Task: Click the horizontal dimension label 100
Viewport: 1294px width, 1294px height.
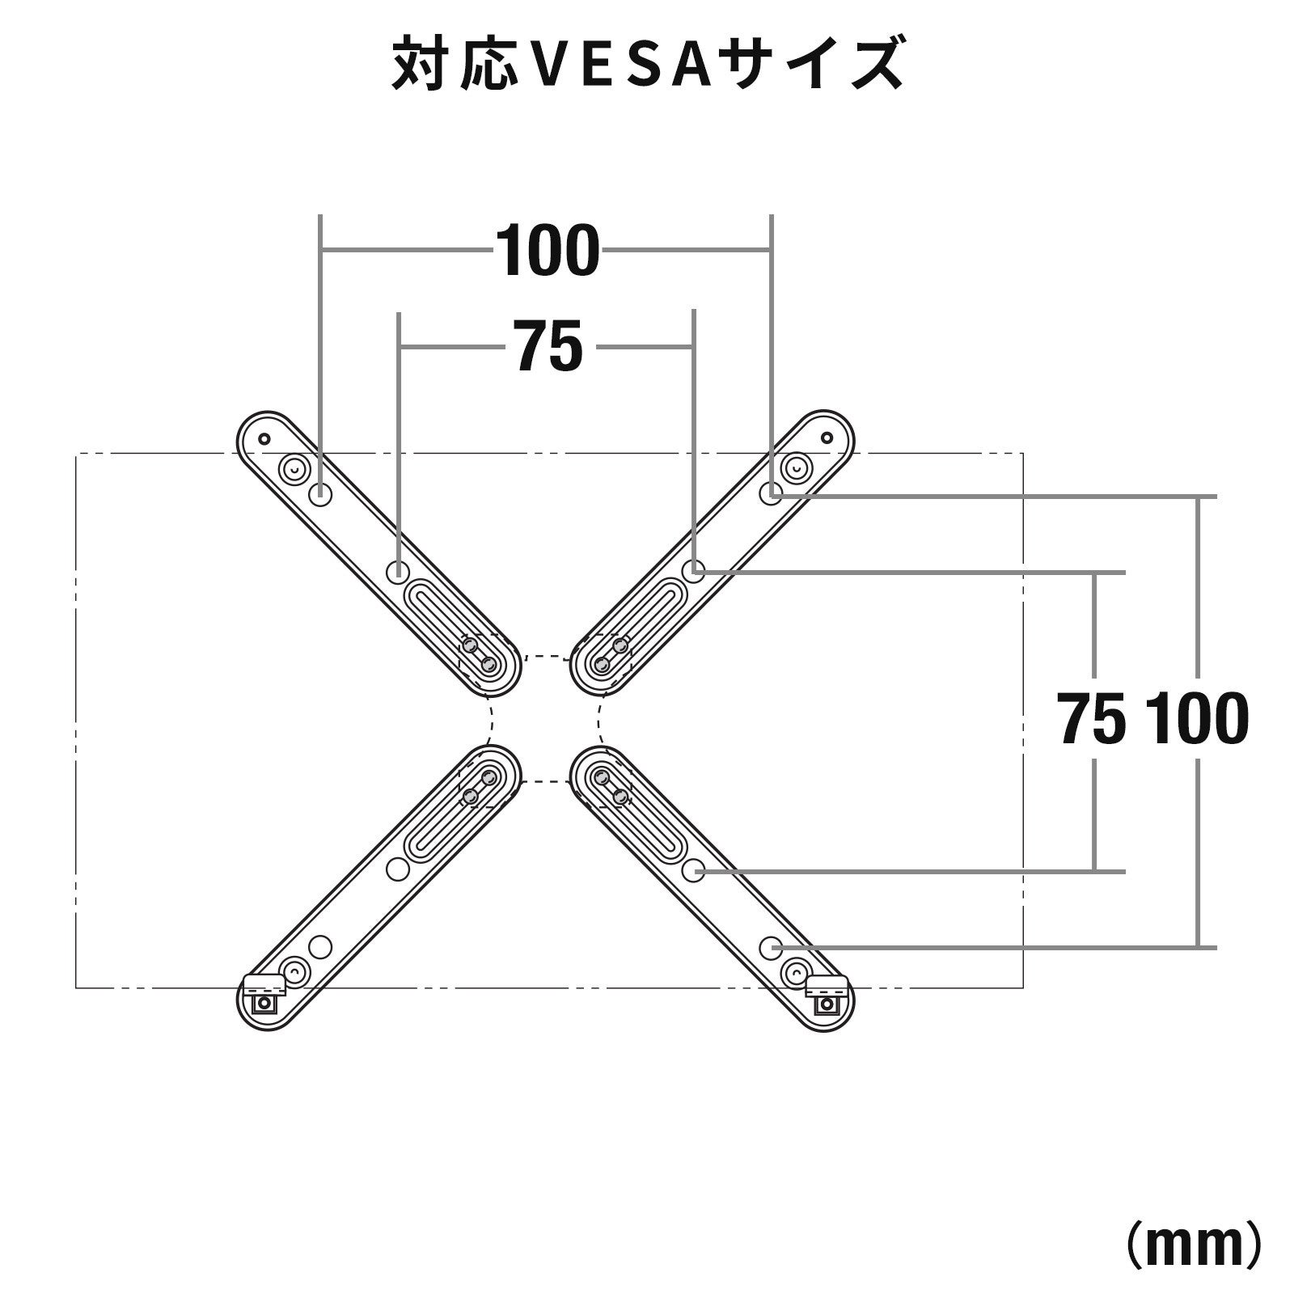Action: [x=548, y=252]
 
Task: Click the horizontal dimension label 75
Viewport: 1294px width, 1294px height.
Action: [x=548, y=347]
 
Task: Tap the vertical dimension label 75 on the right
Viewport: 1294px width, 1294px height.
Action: [x=1092, y=720]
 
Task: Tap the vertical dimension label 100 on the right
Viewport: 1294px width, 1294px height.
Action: [x=1197, y=720]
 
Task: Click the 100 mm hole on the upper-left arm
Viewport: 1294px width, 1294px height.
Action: [x=321, y=493]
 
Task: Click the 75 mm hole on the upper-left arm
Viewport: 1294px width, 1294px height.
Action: [x=398, y=571]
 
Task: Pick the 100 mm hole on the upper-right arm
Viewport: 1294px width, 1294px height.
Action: [x=772, y=493]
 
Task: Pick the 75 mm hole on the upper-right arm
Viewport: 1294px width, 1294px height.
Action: [x=693, y=570]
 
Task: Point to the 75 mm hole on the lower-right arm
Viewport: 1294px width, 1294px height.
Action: [x=693, y=870]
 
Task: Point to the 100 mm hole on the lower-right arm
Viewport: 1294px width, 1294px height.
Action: [x=772, y=946]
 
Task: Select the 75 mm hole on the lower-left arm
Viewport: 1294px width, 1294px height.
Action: [x=397, y=869]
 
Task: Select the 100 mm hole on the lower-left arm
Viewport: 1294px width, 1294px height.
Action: [x=320, y=946]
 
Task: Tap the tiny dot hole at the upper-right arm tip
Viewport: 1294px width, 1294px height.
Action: [x=826, y=438]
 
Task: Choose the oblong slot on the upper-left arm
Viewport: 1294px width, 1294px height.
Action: [x=449, y=623]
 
